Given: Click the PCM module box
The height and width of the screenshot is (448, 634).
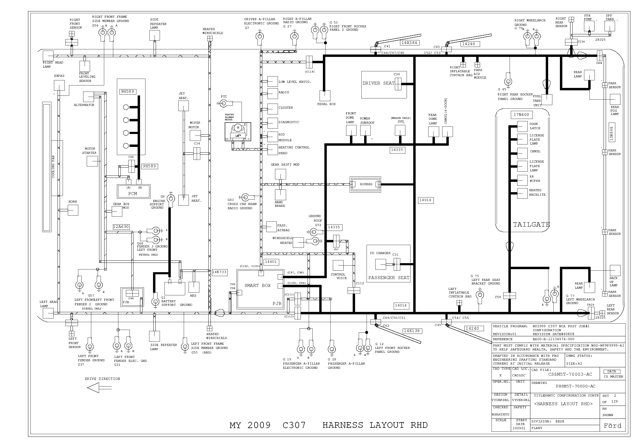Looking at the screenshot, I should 133,191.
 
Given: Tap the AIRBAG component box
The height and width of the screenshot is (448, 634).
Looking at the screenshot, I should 366,184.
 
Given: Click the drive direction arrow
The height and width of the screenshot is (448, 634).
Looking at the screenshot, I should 93,388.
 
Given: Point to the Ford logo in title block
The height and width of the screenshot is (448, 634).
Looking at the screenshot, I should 612,426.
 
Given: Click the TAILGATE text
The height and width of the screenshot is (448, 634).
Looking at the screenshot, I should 531,225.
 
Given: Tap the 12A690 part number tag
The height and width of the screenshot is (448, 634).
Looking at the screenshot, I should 121,227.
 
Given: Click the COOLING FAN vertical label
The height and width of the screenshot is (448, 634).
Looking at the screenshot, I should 54,167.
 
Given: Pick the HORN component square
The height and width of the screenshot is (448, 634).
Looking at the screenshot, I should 73,210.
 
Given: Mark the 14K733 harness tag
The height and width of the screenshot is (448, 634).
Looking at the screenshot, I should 219,272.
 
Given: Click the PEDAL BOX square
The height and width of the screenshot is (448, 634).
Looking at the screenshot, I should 324,96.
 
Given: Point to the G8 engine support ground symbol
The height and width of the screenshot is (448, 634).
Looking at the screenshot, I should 171,198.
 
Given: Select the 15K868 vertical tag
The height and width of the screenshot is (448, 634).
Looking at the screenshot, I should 611,133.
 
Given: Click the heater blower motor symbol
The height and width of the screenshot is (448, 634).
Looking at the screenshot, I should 238,132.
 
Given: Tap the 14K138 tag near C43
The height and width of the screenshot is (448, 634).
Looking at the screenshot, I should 412,331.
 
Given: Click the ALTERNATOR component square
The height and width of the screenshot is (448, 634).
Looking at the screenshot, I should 88,97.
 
